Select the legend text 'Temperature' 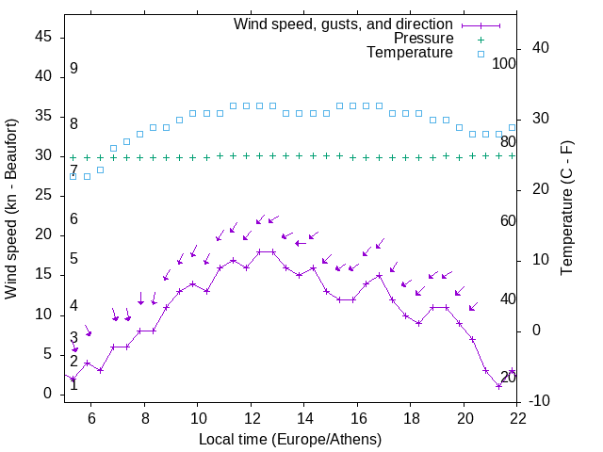[410, 53]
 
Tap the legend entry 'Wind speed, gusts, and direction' [344, 24]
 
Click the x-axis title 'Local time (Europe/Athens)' [291, 439]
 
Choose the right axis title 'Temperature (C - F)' [566, 209]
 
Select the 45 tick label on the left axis [41, 37]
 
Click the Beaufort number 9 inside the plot [73, 69]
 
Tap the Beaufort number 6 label [73, 219]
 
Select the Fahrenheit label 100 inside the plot [505, 63]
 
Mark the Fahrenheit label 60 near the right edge [509, 220]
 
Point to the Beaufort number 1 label [73, 384]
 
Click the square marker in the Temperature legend [481, 54]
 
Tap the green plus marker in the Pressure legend [481, 39]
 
